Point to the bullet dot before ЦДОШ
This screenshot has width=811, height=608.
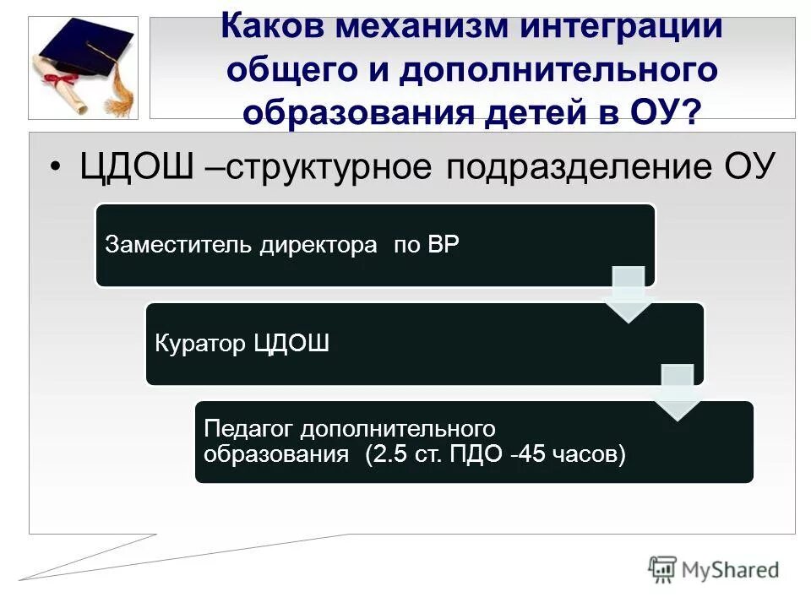point(57,166)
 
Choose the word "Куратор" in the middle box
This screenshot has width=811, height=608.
point(200,344)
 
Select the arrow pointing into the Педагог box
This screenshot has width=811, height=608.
point(678,392)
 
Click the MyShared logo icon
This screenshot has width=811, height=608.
point(663,569)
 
